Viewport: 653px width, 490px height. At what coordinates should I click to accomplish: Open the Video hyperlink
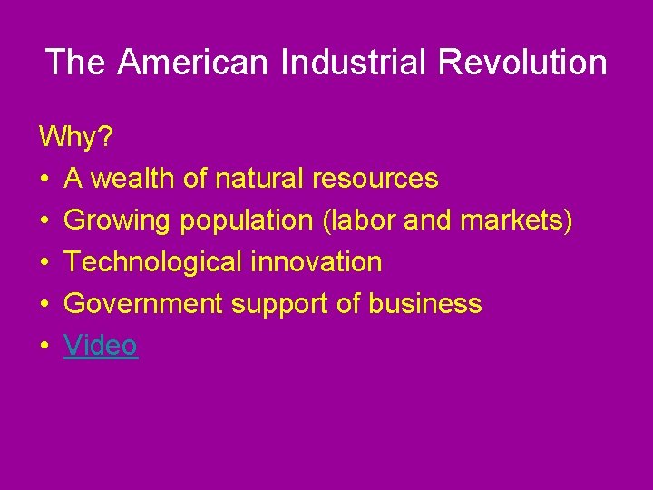pos(101,346)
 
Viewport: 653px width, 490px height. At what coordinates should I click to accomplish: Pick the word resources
pos(375,179)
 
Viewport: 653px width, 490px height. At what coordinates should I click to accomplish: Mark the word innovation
pos(317,262)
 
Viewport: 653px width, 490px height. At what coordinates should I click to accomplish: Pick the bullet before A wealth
pos(44,180)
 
